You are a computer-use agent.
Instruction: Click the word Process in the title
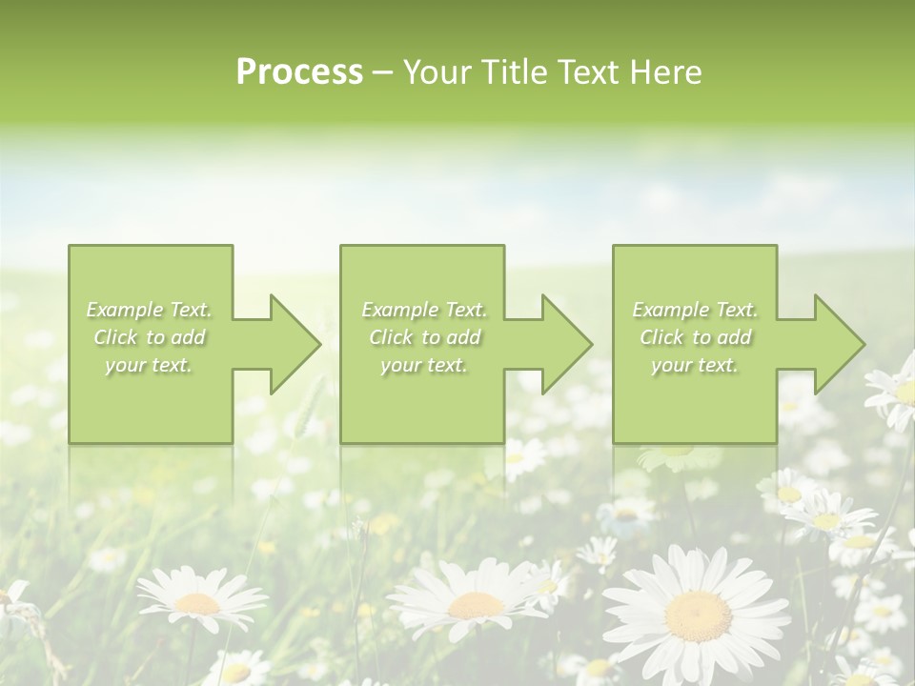pyautogui.click(x=299, y=71)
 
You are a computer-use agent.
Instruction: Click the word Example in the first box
pyautogui.click(x=124, y=310)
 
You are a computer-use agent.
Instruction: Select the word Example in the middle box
pyautogui.click(x=398, y=310)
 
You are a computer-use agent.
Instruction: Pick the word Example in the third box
pyautogui.click(x=670, y=310)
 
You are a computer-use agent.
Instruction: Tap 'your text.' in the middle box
pyautogui.click(x=423, y=365)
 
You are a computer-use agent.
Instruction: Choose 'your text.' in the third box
pyautogui.click(x=695, y=365)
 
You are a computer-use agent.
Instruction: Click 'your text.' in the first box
pyautogui.click(x=149, y=365)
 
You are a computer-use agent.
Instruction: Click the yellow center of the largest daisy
pyautogui.click(x=698, y=615)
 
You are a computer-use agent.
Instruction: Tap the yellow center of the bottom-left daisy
pyautogui.click(x=197, y=602)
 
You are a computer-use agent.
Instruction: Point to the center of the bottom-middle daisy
pyautogui.click(x=475, y=604)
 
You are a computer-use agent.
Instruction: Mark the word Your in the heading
pyautogui.click(x=435, y=71)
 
